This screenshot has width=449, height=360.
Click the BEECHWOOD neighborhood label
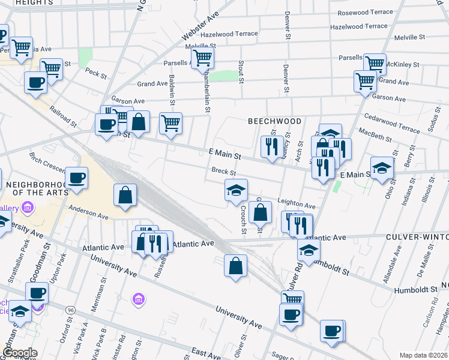pyautogui.click(x=275, y=121)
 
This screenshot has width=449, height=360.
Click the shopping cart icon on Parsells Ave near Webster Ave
pyautogui.click(x=203, y=58)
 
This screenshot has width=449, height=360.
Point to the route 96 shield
pyautogui.click(x=71, y=310)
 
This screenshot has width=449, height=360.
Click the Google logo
pyautogui.click(x=19, y=353)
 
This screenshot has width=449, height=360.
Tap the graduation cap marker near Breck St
pyautogui.click(x=236, y=191)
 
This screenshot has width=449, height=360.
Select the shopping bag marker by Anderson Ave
pyautogui.click(x=125, y=196)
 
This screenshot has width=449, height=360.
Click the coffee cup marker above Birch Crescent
pyautogui.click(x=77, y=178)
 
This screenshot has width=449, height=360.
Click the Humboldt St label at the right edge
pyautogui.click(x=415, y=290)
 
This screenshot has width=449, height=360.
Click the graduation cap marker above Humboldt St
pyautogui.click(x=309, y=250)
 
